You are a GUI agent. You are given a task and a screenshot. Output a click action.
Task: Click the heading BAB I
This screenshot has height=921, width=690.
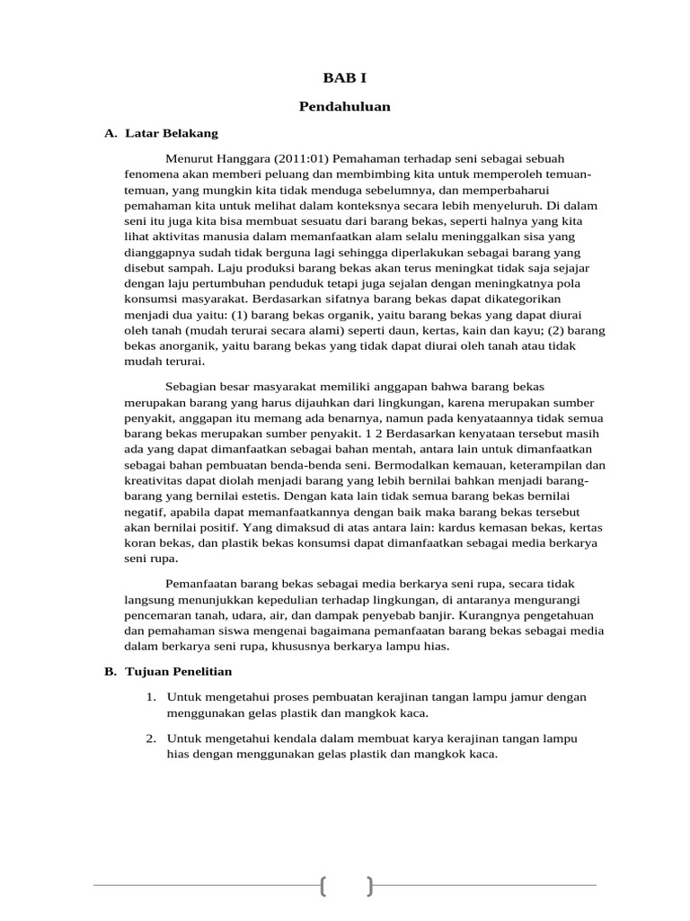[x=345, y=78]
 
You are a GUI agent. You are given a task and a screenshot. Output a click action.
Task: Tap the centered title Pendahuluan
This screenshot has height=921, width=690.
[x=345, y=107]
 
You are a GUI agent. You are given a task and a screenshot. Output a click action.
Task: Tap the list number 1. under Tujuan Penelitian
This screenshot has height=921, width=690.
[x=151, y=698]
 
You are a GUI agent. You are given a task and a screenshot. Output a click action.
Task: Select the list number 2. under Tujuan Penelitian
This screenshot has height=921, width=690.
[x=151, y=738]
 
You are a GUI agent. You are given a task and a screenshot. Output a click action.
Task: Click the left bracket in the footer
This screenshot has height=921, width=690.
[x=323, y=886]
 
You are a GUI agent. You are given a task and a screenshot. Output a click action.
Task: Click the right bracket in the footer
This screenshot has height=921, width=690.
[x=368, y=886]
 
